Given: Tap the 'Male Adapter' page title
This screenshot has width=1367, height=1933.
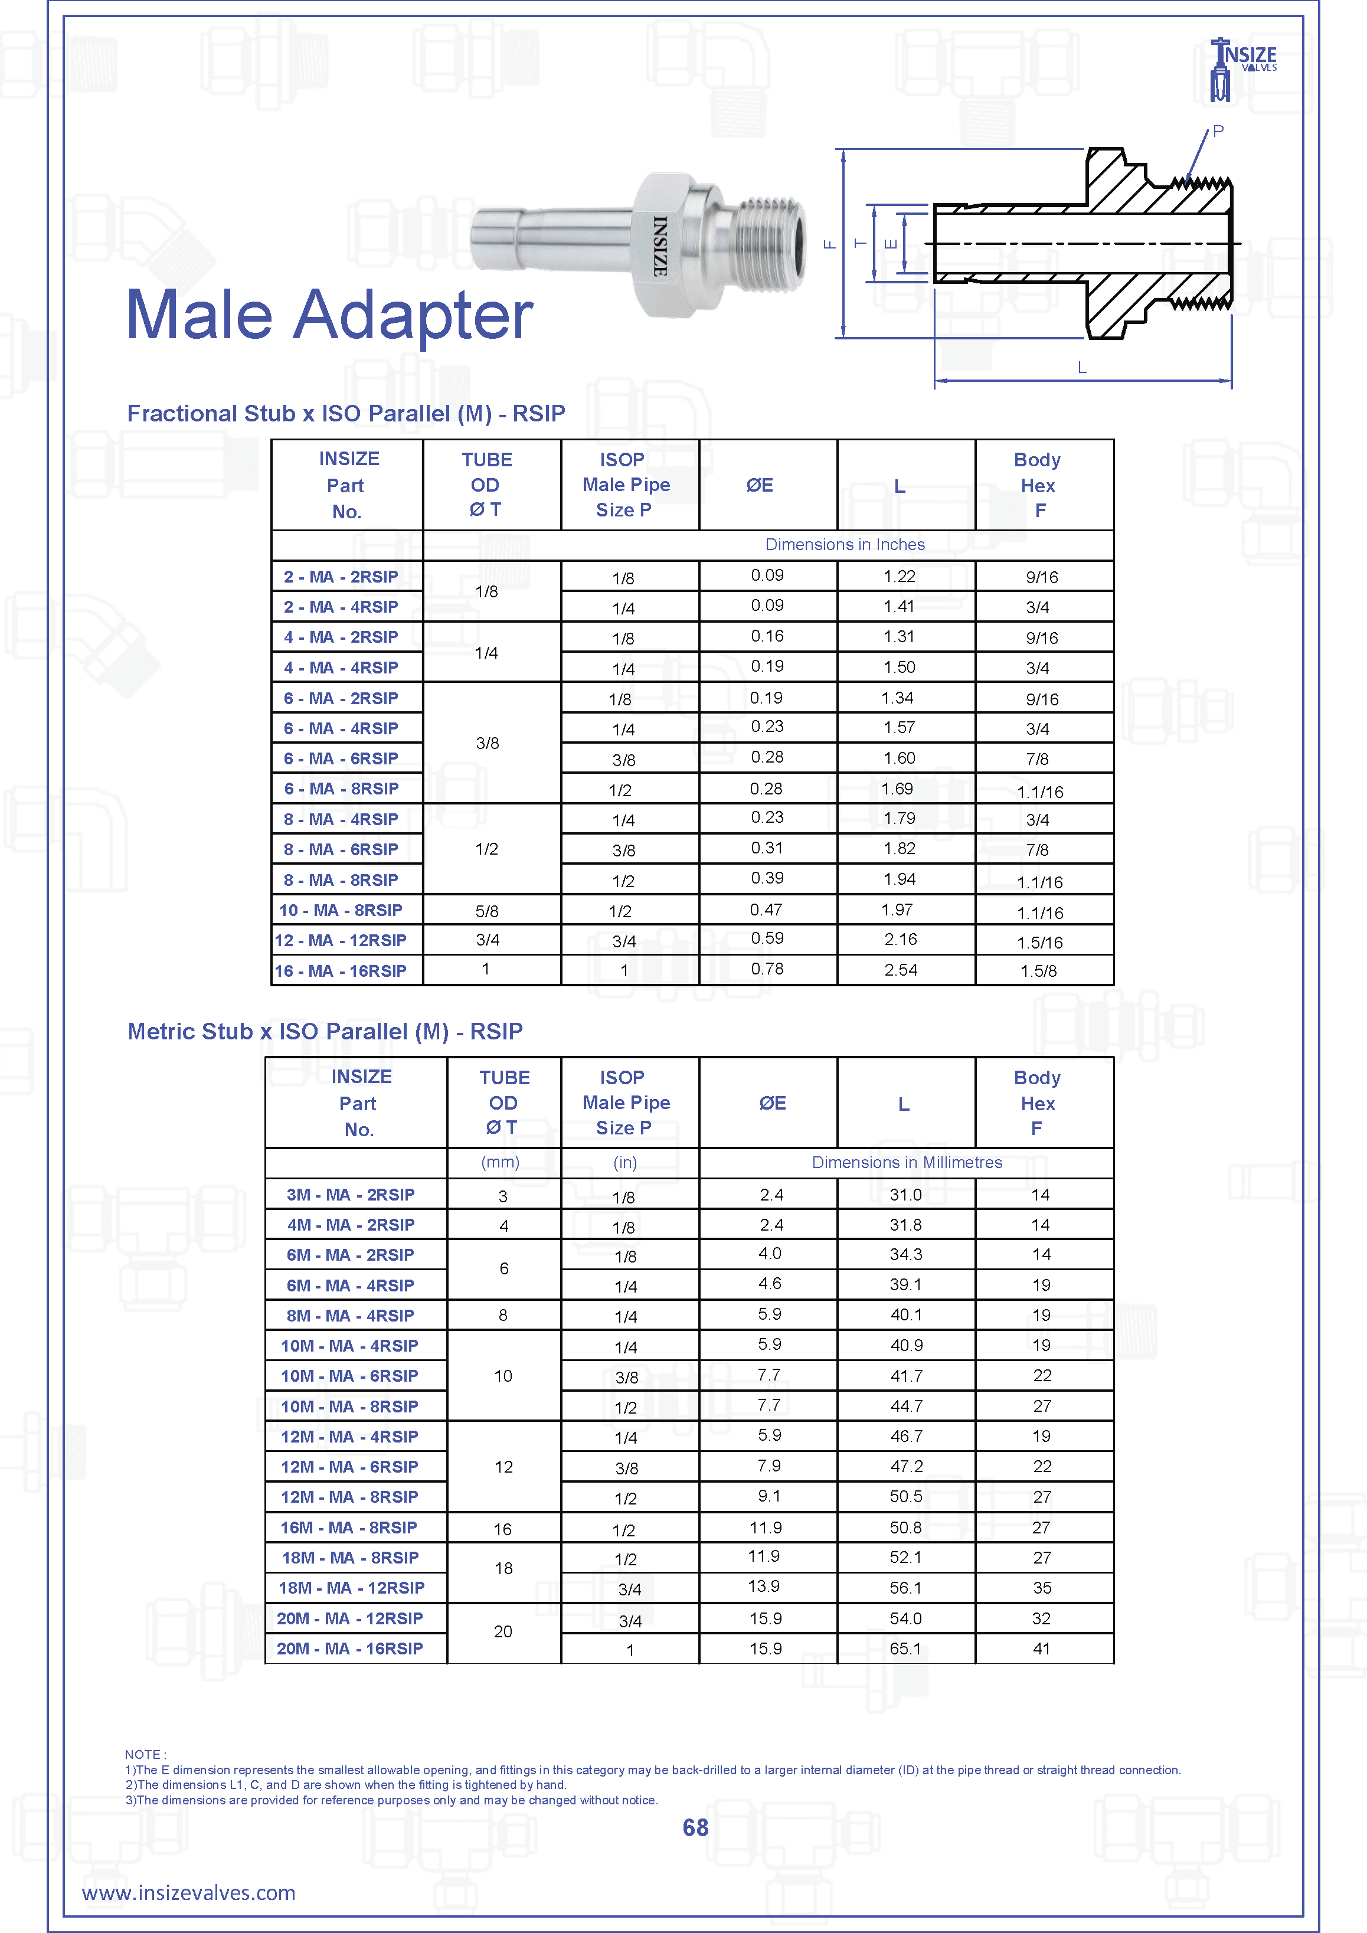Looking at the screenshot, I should click(329, 315).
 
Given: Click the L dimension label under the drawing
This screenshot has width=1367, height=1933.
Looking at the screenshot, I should click(1082, 368).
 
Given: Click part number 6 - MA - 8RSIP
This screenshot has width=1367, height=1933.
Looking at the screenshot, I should click(341, 789).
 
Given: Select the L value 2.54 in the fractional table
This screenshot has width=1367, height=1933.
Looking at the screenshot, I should click(900, 970).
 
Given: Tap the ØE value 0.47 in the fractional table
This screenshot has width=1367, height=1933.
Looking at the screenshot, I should click(766, 910).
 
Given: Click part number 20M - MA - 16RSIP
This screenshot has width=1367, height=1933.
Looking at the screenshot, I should click(349, 1649).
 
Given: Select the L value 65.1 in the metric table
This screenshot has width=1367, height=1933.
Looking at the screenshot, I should click(905, 1649).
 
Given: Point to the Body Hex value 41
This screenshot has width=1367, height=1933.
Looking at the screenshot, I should click(1041, 1649).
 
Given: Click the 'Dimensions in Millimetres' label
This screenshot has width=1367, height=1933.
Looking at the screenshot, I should click(907, 1163).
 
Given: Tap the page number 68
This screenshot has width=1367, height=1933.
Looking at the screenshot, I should click(695, 1828).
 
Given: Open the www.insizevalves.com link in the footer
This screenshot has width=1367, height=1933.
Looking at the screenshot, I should click(188, 1893).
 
